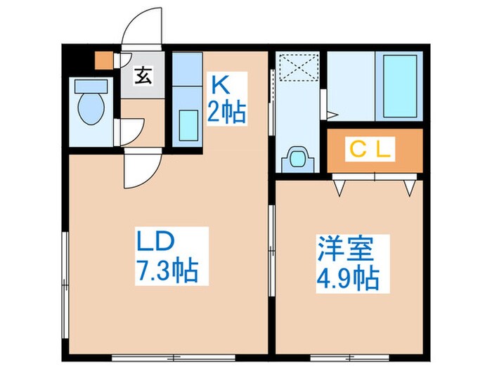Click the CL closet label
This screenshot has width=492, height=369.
click(374, 150)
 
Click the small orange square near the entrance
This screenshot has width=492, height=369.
click(103, 60)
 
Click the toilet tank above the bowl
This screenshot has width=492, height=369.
click(91, 86)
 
